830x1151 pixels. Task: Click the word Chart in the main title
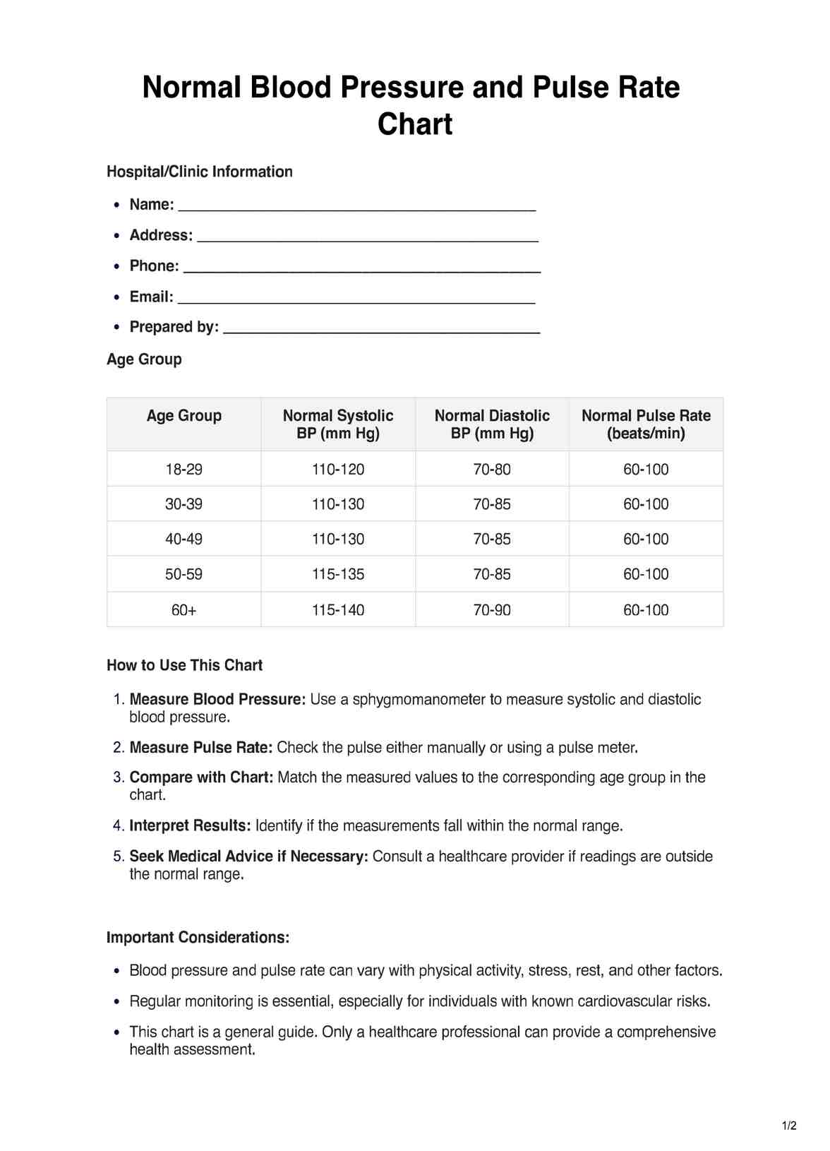click(x=415, y=124)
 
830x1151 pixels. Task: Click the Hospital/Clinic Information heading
click(x=199, y=172)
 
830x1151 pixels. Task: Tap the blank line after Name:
click(x=357, y=206)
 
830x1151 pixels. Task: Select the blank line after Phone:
click(x=361, y=268)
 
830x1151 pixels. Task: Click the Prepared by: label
click(x=174, y=327)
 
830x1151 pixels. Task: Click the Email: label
click(x=151, y=297)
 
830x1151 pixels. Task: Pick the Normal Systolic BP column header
click(x=338, y=424)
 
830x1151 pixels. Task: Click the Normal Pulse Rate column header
click(x=646, y=424)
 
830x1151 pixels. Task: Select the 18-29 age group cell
click(x=184, y=470)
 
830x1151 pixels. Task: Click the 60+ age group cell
click(x=184, y=610)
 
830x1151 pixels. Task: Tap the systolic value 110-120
click(x=338, y=470)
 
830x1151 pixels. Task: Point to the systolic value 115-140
click(x=338, y=610)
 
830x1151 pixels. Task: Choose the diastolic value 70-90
click(x=492, y=610)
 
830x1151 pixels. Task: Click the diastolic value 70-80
click(x=492, y=470)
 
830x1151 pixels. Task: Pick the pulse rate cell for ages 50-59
click(x=646, y=575)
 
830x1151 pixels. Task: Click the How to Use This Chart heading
click(x=184, y=665)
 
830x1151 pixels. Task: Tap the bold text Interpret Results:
click(x=190, y=825)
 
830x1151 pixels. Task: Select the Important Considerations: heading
click(x=198, y=938)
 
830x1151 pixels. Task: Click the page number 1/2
click(x=789, y=1126)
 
